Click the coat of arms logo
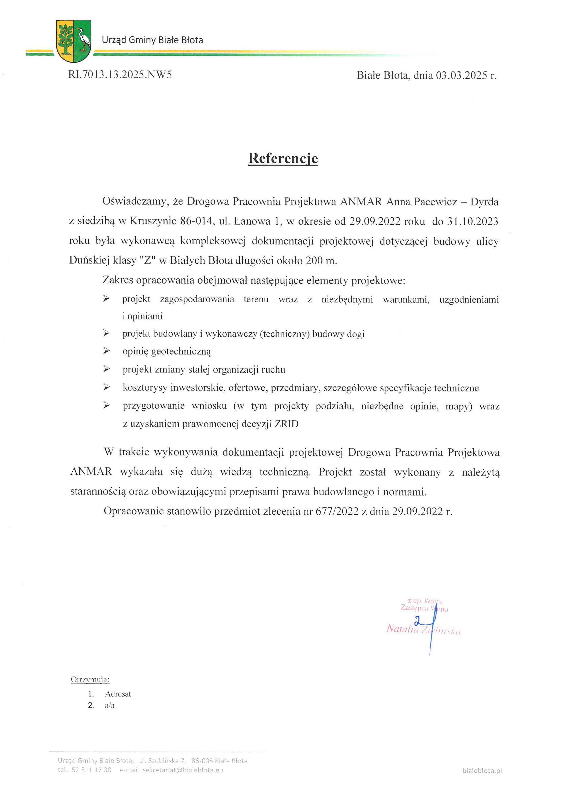click(x=73, y=41)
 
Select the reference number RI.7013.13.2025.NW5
click(x=120, y=75)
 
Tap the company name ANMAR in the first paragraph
click(x=361, y=202)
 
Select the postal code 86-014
click(x=196, y=221)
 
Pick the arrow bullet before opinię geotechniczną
click(x=106, y=351)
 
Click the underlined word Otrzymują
click(x=90, y=680)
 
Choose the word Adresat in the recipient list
click(x=118, y=694)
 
